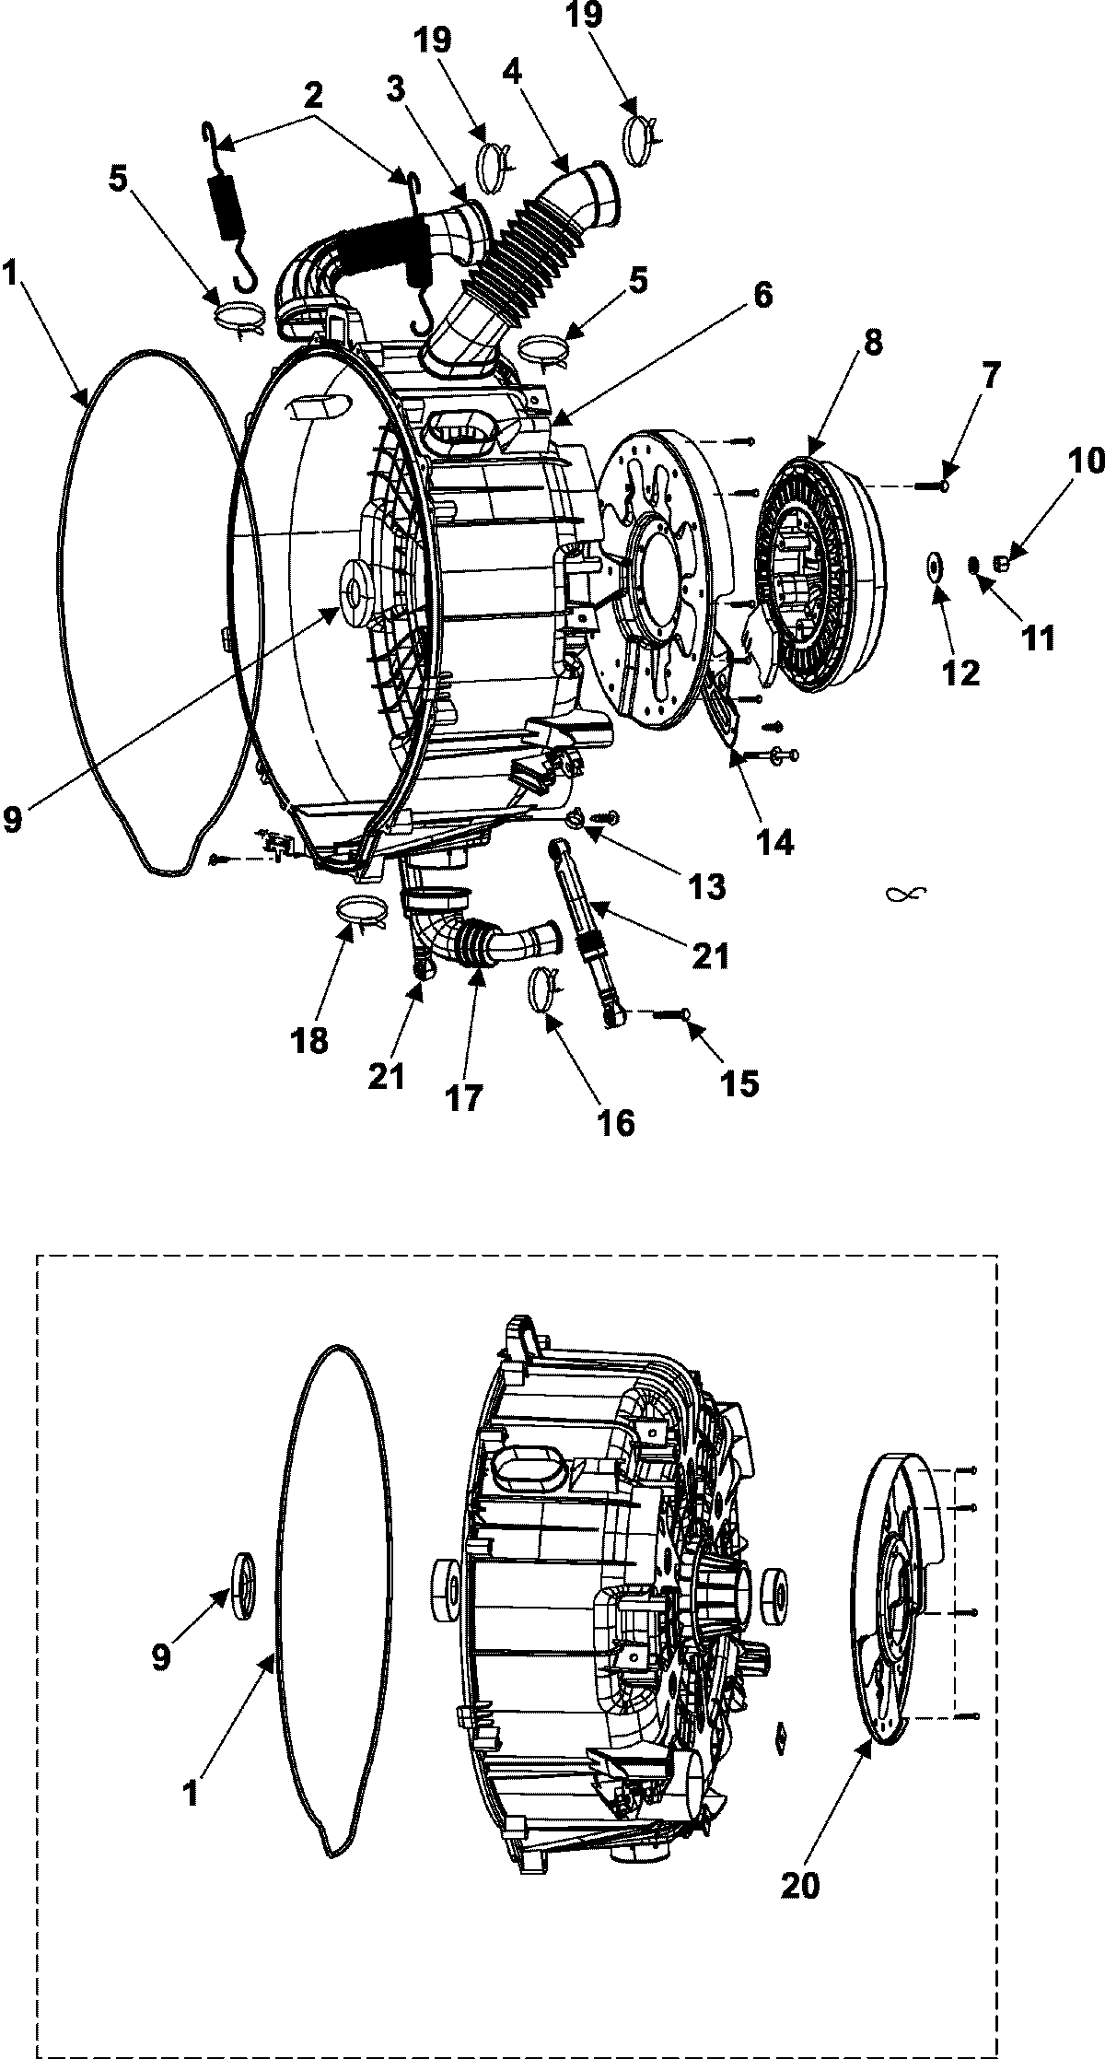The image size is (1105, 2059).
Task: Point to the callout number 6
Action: tap(762, 297)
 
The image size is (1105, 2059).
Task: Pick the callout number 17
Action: tap(466, 1097)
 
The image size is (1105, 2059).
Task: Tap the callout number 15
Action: tap(741, 1083)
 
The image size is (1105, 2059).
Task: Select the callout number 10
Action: tap(1087, 462)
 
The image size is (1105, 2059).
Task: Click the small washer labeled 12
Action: tap(935, 563)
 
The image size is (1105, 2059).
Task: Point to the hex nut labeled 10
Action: tap(1004, 558)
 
